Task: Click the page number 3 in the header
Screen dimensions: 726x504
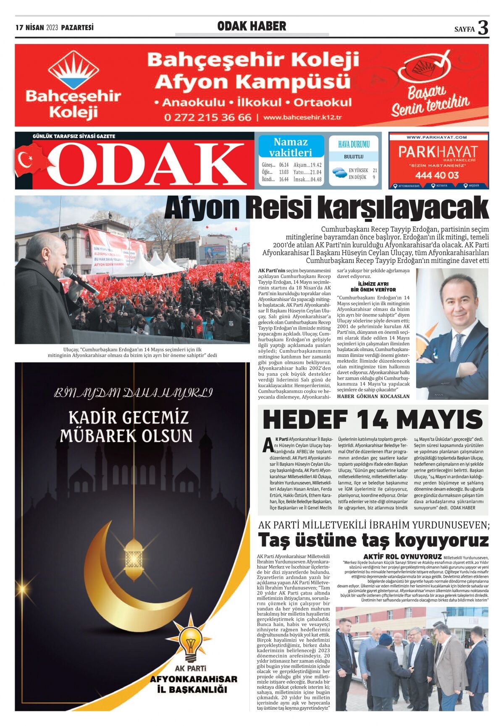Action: (483, 28)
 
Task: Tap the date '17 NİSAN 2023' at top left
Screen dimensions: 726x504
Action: (37, 28)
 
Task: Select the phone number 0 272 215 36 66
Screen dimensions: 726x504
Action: (207, 117)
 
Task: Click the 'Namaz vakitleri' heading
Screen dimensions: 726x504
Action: (291, 147)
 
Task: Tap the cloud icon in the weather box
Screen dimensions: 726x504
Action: (339, 172)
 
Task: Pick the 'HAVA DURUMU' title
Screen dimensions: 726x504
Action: (354, 144)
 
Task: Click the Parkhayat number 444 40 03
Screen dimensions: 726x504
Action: (437, 175)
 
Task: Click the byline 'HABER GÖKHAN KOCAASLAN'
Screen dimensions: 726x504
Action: (373, 396)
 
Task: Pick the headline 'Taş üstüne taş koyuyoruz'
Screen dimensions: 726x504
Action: (373, 540)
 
